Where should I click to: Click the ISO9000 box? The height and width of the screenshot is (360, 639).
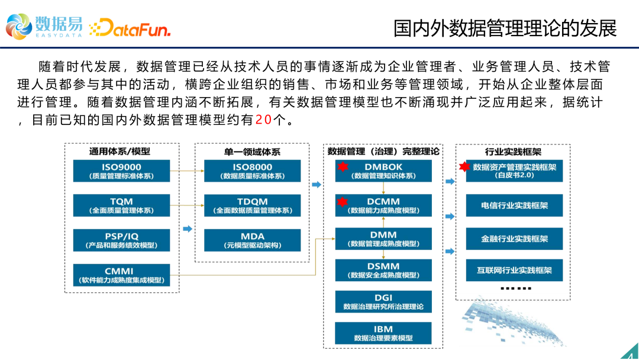pyautogui.click(x=121, y=171)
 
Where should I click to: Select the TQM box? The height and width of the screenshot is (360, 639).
pyautogui.click(x=121, y=205)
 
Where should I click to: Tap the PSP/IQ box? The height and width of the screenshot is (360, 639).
pyautogui.click(x=121, y=240)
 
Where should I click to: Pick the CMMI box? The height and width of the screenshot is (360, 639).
pyautogui.click(x=121, y=275)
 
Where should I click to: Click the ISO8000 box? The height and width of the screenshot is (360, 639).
pyautogui.click(x=252, y=171)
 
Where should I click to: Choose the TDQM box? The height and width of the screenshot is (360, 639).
pyautogui.click(x=252, y=205)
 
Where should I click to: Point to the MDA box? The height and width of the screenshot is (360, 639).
pyautogui.click(x=252, y=240)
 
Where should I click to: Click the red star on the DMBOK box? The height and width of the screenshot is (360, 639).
pyautogui.click(x=343, y=168)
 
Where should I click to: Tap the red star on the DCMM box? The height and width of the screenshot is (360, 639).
pyautogui.click(x=343, y=203)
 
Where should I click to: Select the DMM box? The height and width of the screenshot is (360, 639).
pyautogui.click(x=383, y=239)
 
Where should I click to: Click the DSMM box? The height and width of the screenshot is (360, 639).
pyautogui.click(x=383, y=270)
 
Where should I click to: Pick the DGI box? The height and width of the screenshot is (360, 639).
pyautogui.click(x=383, y=302)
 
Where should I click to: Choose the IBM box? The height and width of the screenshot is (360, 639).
pyautogui.click(x=383, y=333)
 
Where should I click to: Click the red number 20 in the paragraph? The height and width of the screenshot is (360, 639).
pyautogui.click(x=263, y=120)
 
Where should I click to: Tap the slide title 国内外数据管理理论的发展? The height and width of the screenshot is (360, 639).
pyautogui.click(x=505, y=28)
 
